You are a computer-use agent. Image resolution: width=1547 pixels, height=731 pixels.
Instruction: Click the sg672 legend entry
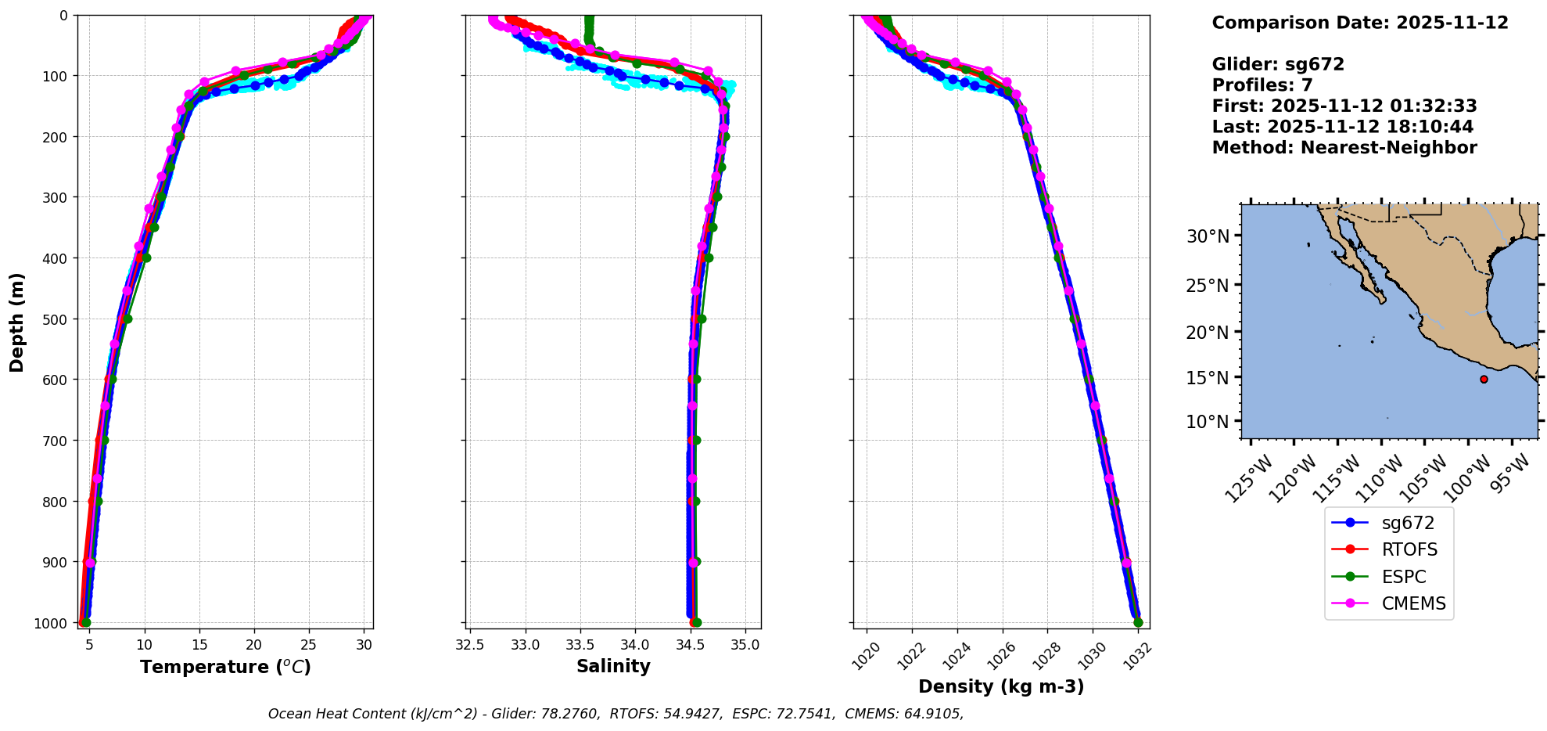click(x=1407, y=523)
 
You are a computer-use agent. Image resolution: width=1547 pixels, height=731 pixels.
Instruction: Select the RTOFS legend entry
click(x=1409, y=549)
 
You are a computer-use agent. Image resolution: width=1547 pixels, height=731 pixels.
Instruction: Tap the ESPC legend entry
click(x=1404, y=577)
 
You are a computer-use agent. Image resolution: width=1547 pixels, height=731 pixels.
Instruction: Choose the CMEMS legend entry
click(x=1413, y=603)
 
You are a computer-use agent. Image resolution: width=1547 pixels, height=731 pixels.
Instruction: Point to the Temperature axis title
click(x=225, y=667)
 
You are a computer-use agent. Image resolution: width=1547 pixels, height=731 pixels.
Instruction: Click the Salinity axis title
click(x=613, y=666)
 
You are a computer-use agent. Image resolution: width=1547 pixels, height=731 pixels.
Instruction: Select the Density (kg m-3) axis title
click(x=1001, y=686)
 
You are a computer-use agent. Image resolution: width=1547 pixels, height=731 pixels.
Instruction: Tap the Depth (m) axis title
click(x=17, y=322)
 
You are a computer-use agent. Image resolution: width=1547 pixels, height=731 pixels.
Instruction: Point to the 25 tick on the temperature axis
click(x=309, y=645)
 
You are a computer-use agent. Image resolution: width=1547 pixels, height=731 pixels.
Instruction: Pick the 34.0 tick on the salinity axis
click(x=634, y=645)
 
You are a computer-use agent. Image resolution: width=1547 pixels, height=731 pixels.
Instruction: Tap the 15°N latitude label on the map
click(x=1208, y=377)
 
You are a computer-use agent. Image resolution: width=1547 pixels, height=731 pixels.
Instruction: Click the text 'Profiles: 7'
click(x=1262, y=85)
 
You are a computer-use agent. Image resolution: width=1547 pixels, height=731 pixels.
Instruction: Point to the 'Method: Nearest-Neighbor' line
click(x=1344, y=147)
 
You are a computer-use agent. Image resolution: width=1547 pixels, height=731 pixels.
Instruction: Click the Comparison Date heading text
click(x=1359, y=23)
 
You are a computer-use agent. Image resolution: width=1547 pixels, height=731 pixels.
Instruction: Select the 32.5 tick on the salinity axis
click(x=469, y=645)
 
